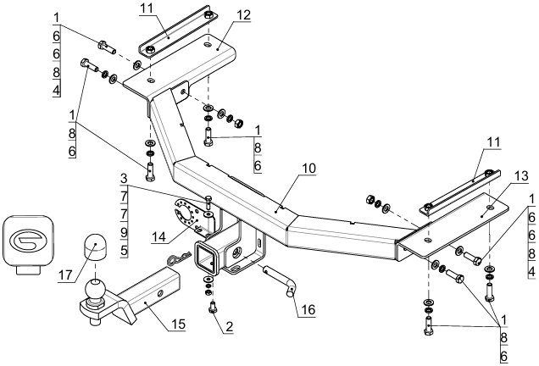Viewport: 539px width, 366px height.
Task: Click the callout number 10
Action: click(x=309, y=168)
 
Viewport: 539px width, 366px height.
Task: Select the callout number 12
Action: click(x=244, y=15)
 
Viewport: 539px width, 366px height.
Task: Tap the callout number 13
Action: click(x=521, y=176)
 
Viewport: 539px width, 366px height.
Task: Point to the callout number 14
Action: click(x=158, y=236)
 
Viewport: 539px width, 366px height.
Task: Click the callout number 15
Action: click(x=179, y=324)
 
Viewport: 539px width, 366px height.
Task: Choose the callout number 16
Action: click(x=308, y=309)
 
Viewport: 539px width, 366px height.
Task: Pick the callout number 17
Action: click(x=65, y=275)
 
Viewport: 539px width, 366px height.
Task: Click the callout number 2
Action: click(x=230, y=326)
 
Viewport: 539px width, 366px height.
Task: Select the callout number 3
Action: click(x=124, y=179)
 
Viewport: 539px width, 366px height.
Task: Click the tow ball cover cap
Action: click(x=95, y=247)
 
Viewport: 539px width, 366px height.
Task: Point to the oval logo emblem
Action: click(x=29, y=241)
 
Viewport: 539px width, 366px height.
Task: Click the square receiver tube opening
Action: click(x=207, y=258)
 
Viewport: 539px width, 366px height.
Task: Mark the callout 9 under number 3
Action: click(x=124, y=233)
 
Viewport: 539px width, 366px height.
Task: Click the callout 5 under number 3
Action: click(x=124, y=251)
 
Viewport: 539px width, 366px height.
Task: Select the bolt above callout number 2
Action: click(x=212, y=307)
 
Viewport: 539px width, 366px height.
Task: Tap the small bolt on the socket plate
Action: click(x=208, y=203)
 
